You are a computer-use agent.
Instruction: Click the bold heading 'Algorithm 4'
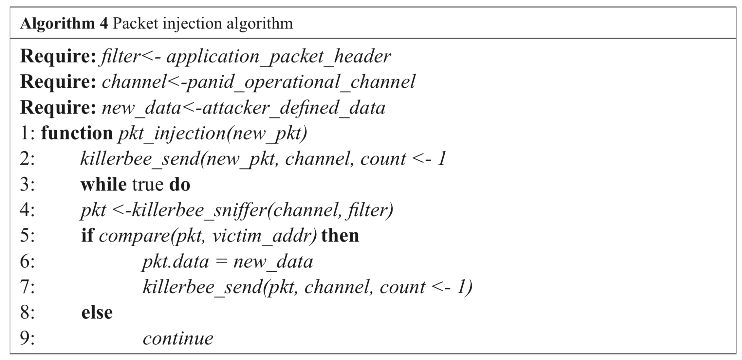(64, 24)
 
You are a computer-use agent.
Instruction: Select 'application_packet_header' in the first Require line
(278, 57)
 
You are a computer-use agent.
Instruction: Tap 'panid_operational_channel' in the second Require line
(300, 82)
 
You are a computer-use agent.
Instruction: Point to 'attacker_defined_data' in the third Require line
(294, 108)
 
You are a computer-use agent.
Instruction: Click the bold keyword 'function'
(77, 134)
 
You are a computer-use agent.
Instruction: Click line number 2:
(27, 159)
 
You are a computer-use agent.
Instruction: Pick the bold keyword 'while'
(103, 185)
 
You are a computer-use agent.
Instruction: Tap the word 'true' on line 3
(148, 185)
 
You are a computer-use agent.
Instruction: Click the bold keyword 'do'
(180, 185)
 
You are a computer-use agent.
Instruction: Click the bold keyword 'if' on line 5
(87, 236)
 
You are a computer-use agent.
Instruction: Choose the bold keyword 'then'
(340, 236)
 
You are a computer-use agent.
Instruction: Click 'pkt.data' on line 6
(176, 262)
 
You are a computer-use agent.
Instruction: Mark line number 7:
(27, 287)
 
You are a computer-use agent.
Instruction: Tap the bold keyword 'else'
(97, 313)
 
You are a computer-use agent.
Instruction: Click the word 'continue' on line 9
(178, 338)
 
